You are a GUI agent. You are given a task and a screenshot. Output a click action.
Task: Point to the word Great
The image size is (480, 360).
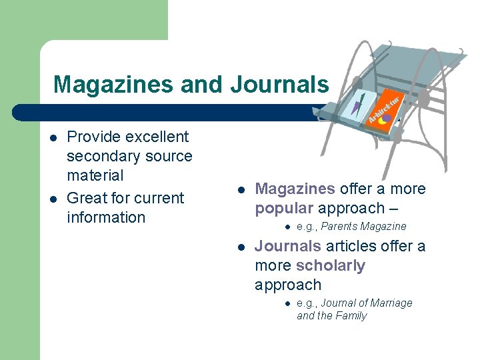87,198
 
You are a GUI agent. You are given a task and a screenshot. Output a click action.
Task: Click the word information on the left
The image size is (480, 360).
106,217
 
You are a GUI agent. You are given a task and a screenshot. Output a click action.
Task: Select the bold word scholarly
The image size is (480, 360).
331,265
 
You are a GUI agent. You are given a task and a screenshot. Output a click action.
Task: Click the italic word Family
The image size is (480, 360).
351,316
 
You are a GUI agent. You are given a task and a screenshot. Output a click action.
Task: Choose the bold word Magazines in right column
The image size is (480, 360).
295,189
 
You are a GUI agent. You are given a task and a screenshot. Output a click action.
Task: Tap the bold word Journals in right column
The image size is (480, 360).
288,246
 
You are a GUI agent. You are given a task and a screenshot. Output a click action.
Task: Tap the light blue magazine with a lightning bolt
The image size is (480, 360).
358,107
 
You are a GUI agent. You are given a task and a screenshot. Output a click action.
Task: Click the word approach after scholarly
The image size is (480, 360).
288,285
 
